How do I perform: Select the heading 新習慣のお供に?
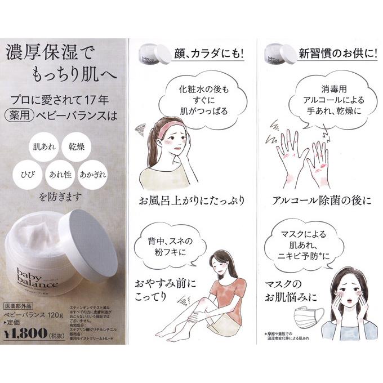pos(338,55)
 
